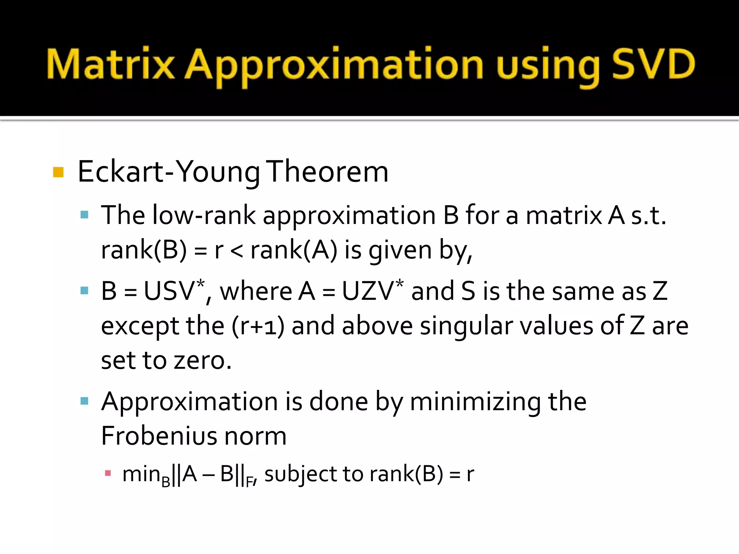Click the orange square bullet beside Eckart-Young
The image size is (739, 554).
(58, 172)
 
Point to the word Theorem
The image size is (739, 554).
(328, 172)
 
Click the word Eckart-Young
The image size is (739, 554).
(169, 172)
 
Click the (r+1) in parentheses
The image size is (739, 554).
(258, 326)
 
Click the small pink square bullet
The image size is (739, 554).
(108, 473)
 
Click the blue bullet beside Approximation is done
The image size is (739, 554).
(84, 401)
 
